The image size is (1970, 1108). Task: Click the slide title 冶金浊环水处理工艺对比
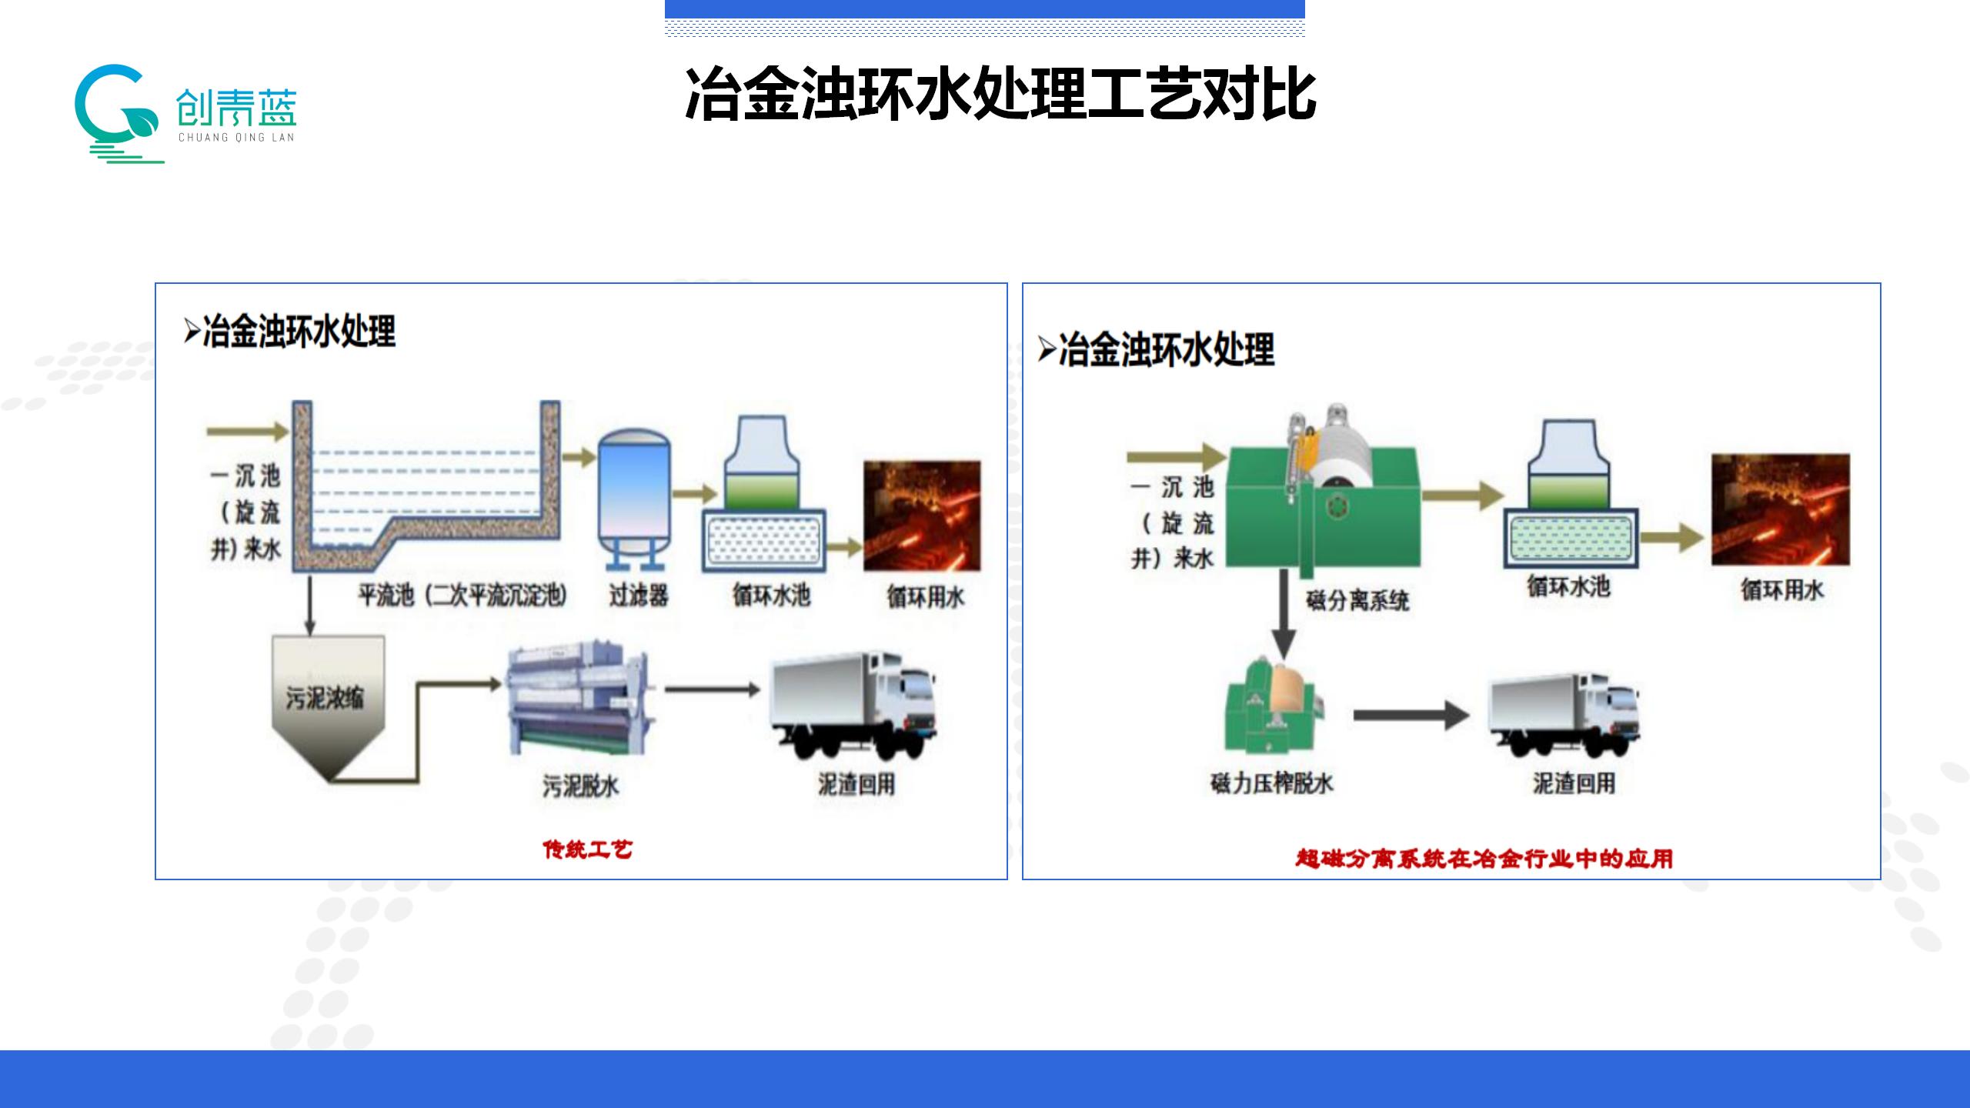(x=1000, y=95)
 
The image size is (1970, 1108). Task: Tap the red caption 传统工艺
(x=588, y=849)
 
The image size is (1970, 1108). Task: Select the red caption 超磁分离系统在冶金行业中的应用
(x=1484, y=859)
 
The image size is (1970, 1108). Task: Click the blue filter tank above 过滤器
(x=635, y=493)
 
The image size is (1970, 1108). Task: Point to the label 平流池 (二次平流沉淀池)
(x=462, y=595)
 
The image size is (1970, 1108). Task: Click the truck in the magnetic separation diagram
(x=1565, y=716)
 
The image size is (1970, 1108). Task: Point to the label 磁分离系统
(x=1357, y=600)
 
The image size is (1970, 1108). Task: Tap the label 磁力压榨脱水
(x=1271, y=783)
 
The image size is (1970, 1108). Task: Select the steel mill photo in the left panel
(x=921, y=516)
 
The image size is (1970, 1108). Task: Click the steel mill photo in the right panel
(x=1780, y=510)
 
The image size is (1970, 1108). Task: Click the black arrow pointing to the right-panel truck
(x=1410, y=716)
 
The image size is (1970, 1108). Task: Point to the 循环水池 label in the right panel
(x=1568, y=587)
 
